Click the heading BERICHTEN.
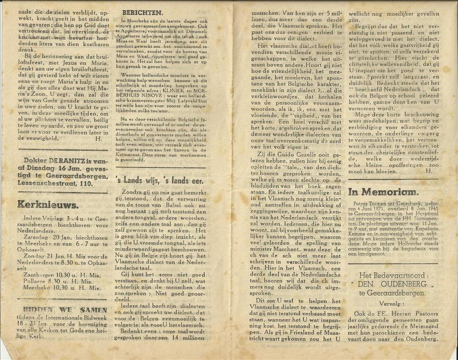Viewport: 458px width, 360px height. tap(142, 12)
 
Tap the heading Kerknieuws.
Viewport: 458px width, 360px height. tap(48, 204)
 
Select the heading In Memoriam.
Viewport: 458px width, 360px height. tap(383, 192)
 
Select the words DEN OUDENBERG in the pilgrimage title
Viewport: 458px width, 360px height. tap(393, 284)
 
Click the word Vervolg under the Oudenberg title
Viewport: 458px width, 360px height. tap(392, 303)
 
